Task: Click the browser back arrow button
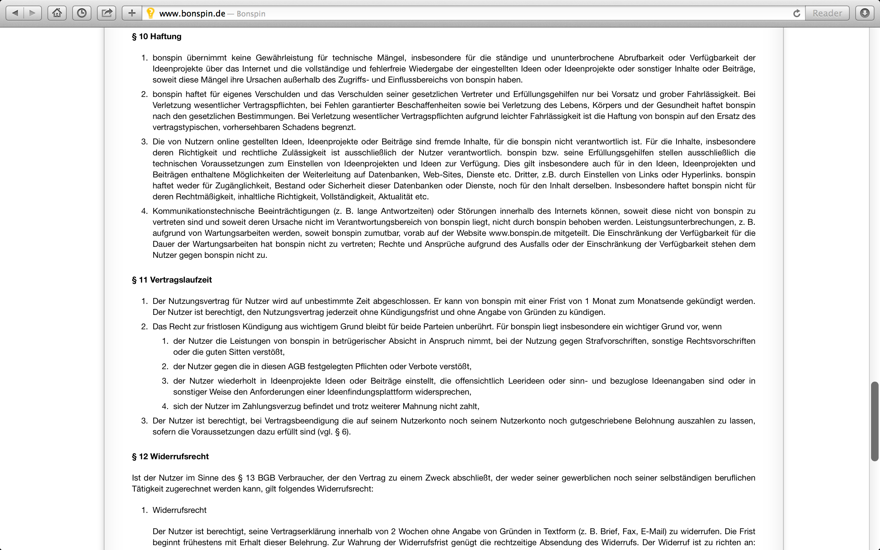15,13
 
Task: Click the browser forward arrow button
32,13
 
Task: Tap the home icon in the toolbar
57,13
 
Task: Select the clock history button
82,13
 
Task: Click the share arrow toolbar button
107,13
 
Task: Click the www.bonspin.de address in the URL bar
192,14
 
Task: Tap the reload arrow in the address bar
796,13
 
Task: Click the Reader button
827,13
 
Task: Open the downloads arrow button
865,13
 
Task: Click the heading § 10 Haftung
156,36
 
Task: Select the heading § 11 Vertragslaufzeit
172,280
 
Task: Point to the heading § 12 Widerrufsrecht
170,456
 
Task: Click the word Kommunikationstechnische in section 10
203,211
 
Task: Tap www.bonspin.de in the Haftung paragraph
520,233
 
